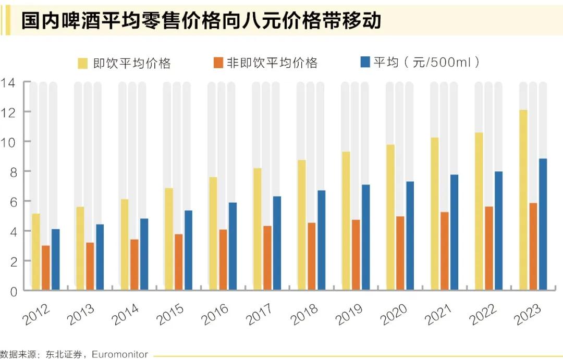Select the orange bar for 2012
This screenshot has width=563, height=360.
[46, 267]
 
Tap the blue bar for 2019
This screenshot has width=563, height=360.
[366, 237]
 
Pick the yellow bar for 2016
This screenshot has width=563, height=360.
[213, 233]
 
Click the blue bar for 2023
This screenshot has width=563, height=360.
[543, 224]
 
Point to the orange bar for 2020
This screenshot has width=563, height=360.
[400, 253]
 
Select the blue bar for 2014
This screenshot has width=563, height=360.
[144, 254]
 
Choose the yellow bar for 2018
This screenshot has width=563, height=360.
[302, 225]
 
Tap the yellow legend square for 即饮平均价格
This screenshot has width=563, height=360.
[83, 63]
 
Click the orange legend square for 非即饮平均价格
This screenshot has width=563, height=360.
[217, 63]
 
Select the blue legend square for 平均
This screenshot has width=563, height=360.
[365, 63]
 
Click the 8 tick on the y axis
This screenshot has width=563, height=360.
[12, 171]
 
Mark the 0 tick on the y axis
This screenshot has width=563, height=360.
[12, 291]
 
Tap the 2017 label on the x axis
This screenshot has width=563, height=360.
[259, 314]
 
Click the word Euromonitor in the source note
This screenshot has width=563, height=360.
[122, 355]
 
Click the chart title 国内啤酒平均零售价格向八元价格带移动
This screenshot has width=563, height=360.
[201, 20]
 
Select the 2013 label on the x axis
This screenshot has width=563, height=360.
[81, 314]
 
